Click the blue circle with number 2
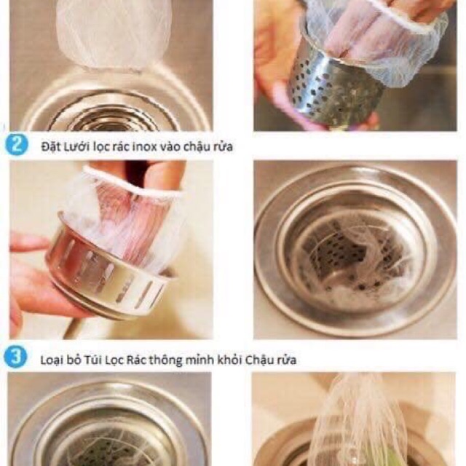click(15, 144)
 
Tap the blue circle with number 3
click(15, 358)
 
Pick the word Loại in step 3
click(53, 359)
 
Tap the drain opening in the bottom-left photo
click(109, 444)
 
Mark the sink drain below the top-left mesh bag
click(109, 109)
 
